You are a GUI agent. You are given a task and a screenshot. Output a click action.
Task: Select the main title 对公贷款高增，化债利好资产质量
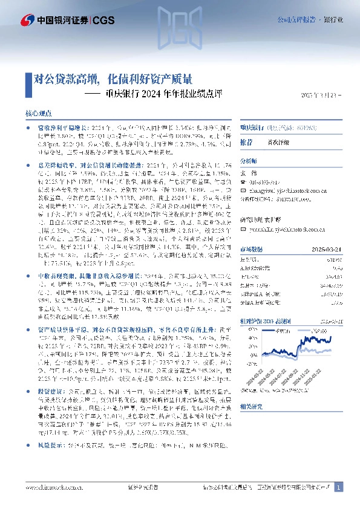point(114,78)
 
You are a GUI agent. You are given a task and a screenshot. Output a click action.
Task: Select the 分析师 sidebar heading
point(249,161)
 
